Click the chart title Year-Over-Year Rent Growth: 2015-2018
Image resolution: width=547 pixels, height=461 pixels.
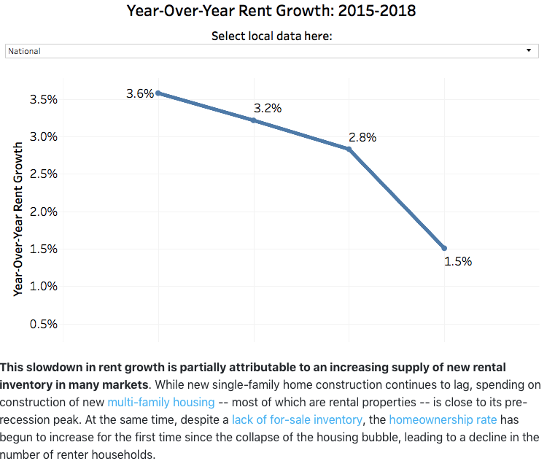pos(272,11)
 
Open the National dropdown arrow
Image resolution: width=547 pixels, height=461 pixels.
pos(529,50)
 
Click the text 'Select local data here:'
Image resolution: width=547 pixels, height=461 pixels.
pos(272,36)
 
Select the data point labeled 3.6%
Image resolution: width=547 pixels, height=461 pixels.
pos(158,93)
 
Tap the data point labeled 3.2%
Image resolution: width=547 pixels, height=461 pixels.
pos(254,120)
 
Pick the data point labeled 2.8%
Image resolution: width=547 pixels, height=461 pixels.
pos(349,150)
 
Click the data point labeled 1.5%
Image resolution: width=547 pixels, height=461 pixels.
pos(444,249)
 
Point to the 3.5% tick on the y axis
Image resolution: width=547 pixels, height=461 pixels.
pos(44,99)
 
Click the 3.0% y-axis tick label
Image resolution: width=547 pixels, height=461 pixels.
pos(44,136)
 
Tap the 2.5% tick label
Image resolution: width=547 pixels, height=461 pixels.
pos(44,174)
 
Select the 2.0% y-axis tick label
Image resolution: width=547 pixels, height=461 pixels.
pos(44,212)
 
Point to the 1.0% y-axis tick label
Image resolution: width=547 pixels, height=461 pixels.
pos(44,286)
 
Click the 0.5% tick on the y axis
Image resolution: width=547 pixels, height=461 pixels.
pos(44,324)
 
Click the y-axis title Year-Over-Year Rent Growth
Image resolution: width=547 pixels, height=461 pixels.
pos(18,218)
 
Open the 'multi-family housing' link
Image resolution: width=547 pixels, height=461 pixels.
pos(161,402)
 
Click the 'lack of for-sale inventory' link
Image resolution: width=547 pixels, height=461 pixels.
pos(297,419)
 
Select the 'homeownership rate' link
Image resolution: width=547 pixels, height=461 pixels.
pos(432,419)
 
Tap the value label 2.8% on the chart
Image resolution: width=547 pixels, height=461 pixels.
pos(362,137)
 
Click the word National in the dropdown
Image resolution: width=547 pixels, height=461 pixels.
pos(25,51)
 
